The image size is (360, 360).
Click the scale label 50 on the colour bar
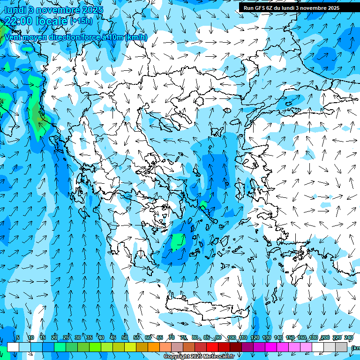(125, 338)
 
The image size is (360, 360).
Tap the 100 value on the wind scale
(231, 338)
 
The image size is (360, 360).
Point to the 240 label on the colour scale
(349, 338)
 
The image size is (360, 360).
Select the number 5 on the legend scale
(18, 338)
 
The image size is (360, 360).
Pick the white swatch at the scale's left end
(13, 347)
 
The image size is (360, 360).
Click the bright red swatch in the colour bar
(212, 347)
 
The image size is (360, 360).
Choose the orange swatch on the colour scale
(154, 347)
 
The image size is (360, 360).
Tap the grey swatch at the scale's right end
(341, 347)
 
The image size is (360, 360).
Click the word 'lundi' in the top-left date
(15, 10)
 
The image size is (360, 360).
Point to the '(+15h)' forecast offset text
(81, 21)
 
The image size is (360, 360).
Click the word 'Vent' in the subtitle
(13, 37)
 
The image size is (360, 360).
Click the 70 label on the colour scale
(172, 338)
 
